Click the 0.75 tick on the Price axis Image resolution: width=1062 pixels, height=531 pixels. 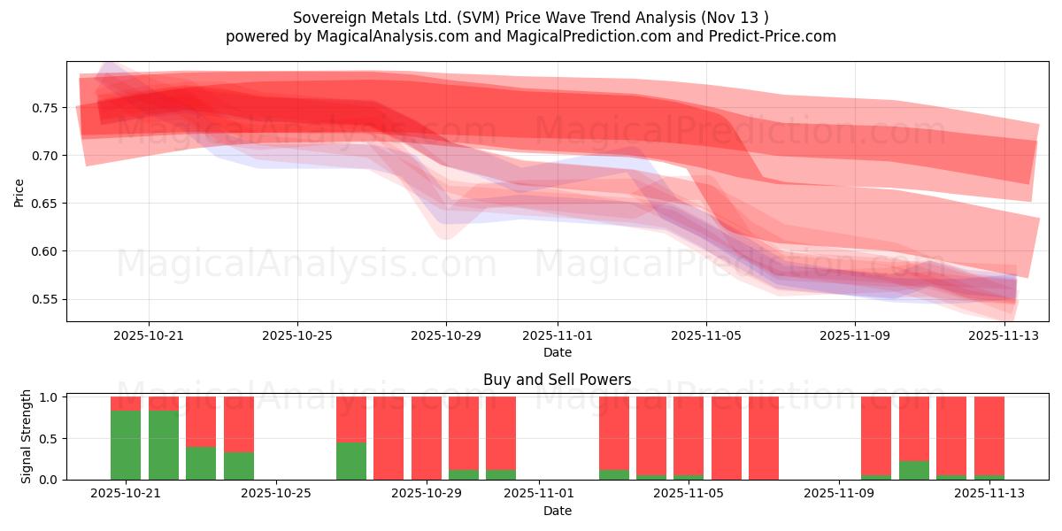[x=46, y=108]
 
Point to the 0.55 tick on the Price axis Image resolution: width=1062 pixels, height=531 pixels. [x=46, y=299]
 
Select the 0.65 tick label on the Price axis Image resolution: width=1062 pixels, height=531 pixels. [x=46, y=204]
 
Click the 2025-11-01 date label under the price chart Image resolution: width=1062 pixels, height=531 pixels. [x=558, y=336]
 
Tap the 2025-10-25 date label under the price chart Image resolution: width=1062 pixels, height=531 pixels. [x=297, y=336]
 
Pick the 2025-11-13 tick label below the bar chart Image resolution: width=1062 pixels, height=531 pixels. [x=989, y=494]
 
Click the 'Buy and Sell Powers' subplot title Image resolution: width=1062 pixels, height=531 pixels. [x=557, y=380]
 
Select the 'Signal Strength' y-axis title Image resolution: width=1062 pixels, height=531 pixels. [x=27, y=436]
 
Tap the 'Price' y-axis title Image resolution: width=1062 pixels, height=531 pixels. [x=19, y=191]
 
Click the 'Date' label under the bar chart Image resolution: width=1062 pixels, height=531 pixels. [x=557, y=511]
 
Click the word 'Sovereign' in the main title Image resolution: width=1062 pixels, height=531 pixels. [x=326, y=18]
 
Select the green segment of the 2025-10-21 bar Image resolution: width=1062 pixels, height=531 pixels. [x=126, y=445]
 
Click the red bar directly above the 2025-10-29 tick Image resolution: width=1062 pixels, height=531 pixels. [x=427, y=438]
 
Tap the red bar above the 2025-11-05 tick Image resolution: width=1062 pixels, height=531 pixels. [x=689, y=438]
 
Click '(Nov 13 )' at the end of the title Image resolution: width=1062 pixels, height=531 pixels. [x=735, y=18]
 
